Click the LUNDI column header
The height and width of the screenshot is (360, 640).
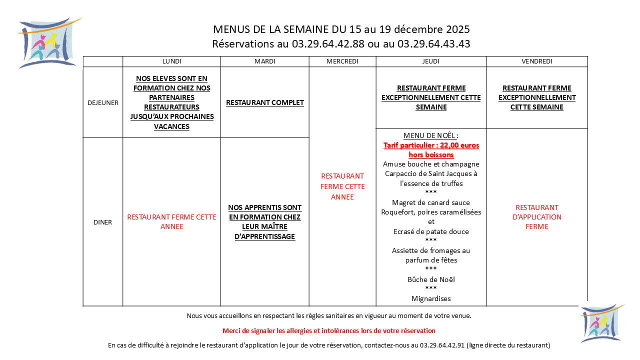tap(171, 61)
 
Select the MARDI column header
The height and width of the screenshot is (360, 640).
tap(264, 61)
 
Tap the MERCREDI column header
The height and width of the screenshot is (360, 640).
tap(342, 61)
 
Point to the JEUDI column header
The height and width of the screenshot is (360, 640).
tap(430, 61)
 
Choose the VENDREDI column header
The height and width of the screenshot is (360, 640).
tap(536, 61)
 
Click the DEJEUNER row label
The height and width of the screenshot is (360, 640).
tap(102, 102)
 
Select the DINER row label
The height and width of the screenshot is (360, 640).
tap(102, 222)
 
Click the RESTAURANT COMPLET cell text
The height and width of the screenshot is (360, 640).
tap(264, 102)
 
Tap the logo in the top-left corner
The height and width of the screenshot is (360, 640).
tap(48, 42)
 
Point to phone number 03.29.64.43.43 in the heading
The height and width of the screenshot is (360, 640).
tap(433, 44)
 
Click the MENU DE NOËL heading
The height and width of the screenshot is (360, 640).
tap(430, 136)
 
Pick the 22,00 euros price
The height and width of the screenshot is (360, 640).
tap(448, 145)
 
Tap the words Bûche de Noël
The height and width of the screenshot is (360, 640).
tap(431, 279)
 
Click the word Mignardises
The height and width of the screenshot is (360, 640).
tap(431, 298)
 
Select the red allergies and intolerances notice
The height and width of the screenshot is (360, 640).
tap(328, 330)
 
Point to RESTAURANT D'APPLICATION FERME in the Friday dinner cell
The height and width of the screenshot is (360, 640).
tap(536, 217)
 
